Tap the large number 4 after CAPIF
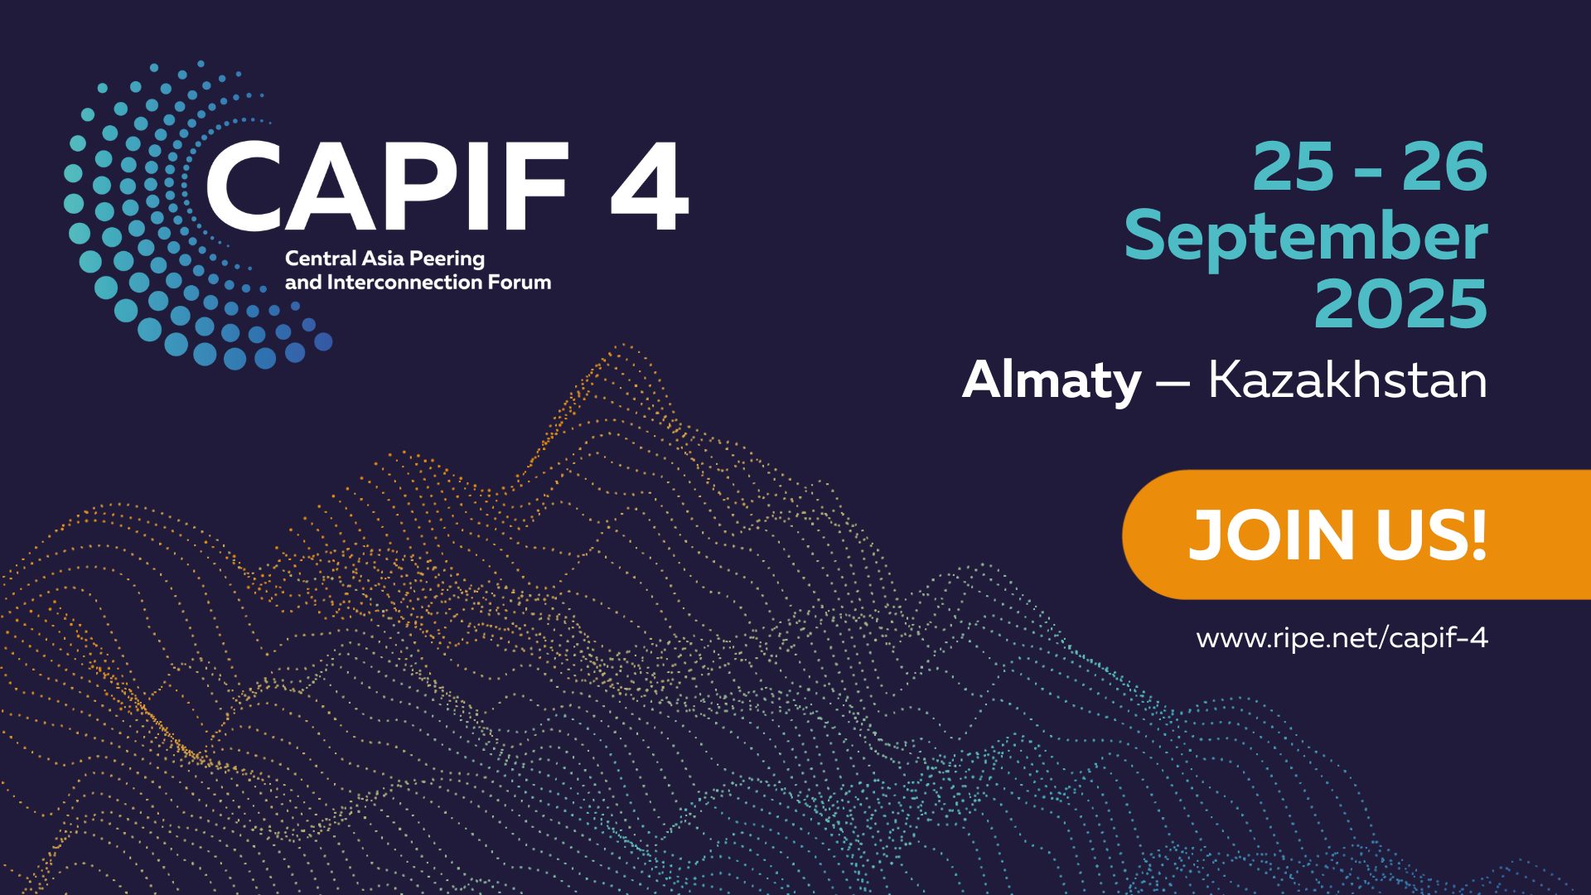(x=650, y=186)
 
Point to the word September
(x=1306, y=239)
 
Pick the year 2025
(x=1401, y=304)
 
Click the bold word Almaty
(x=1052, y=382)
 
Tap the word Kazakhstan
(x=1347, y=380)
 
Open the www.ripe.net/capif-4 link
(x=1342, y=638)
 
